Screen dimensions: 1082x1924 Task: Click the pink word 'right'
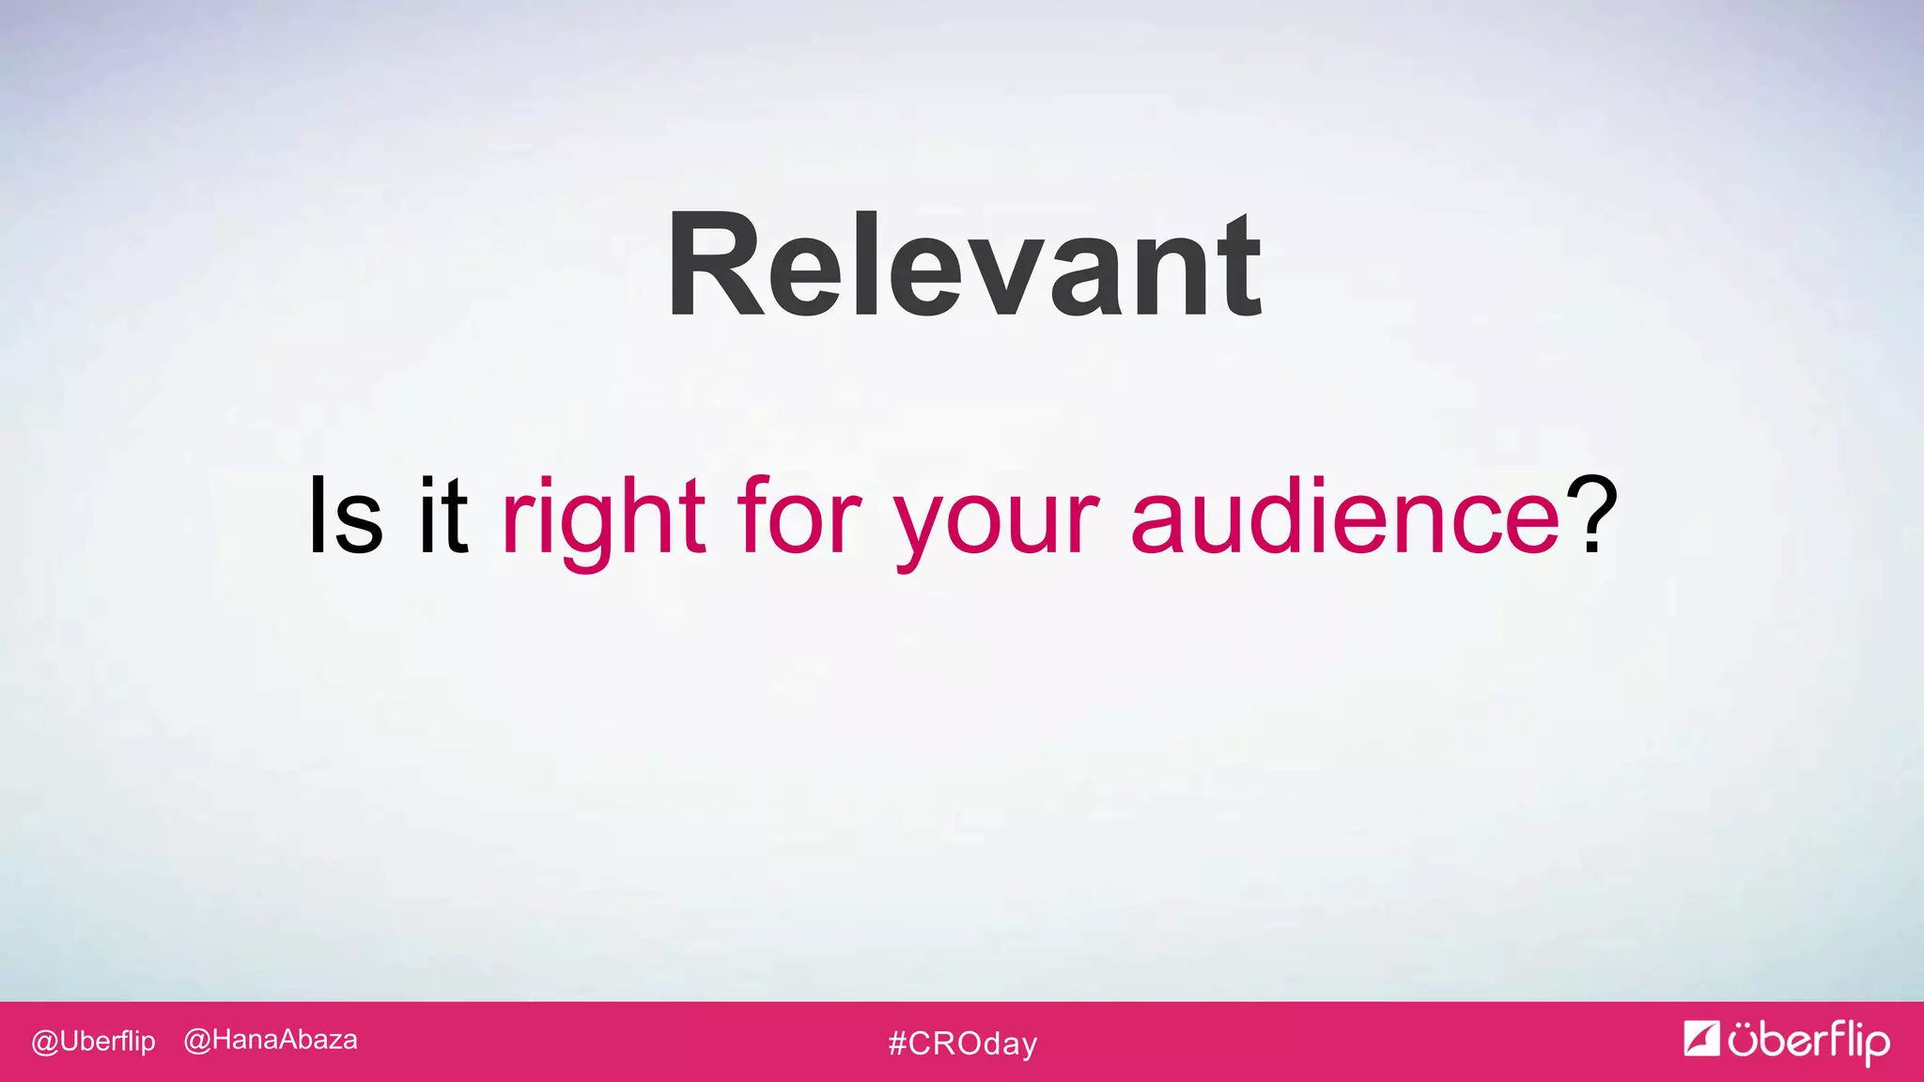point(604,517)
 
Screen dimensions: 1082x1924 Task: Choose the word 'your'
point(996,521)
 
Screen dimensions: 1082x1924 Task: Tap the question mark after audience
point(1591,515)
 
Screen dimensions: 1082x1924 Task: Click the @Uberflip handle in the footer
point(93,1042)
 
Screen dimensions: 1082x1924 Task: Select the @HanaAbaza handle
point(271,1040)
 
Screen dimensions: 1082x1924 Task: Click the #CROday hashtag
point(963,1043)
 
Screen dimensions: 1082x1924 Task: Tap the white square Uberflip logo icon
point(1701,1039)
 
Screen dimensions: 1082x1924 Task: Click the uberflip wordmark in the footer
point(1808,1042)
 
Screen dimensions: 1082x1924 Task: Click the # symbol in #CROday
point(897,1043)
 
